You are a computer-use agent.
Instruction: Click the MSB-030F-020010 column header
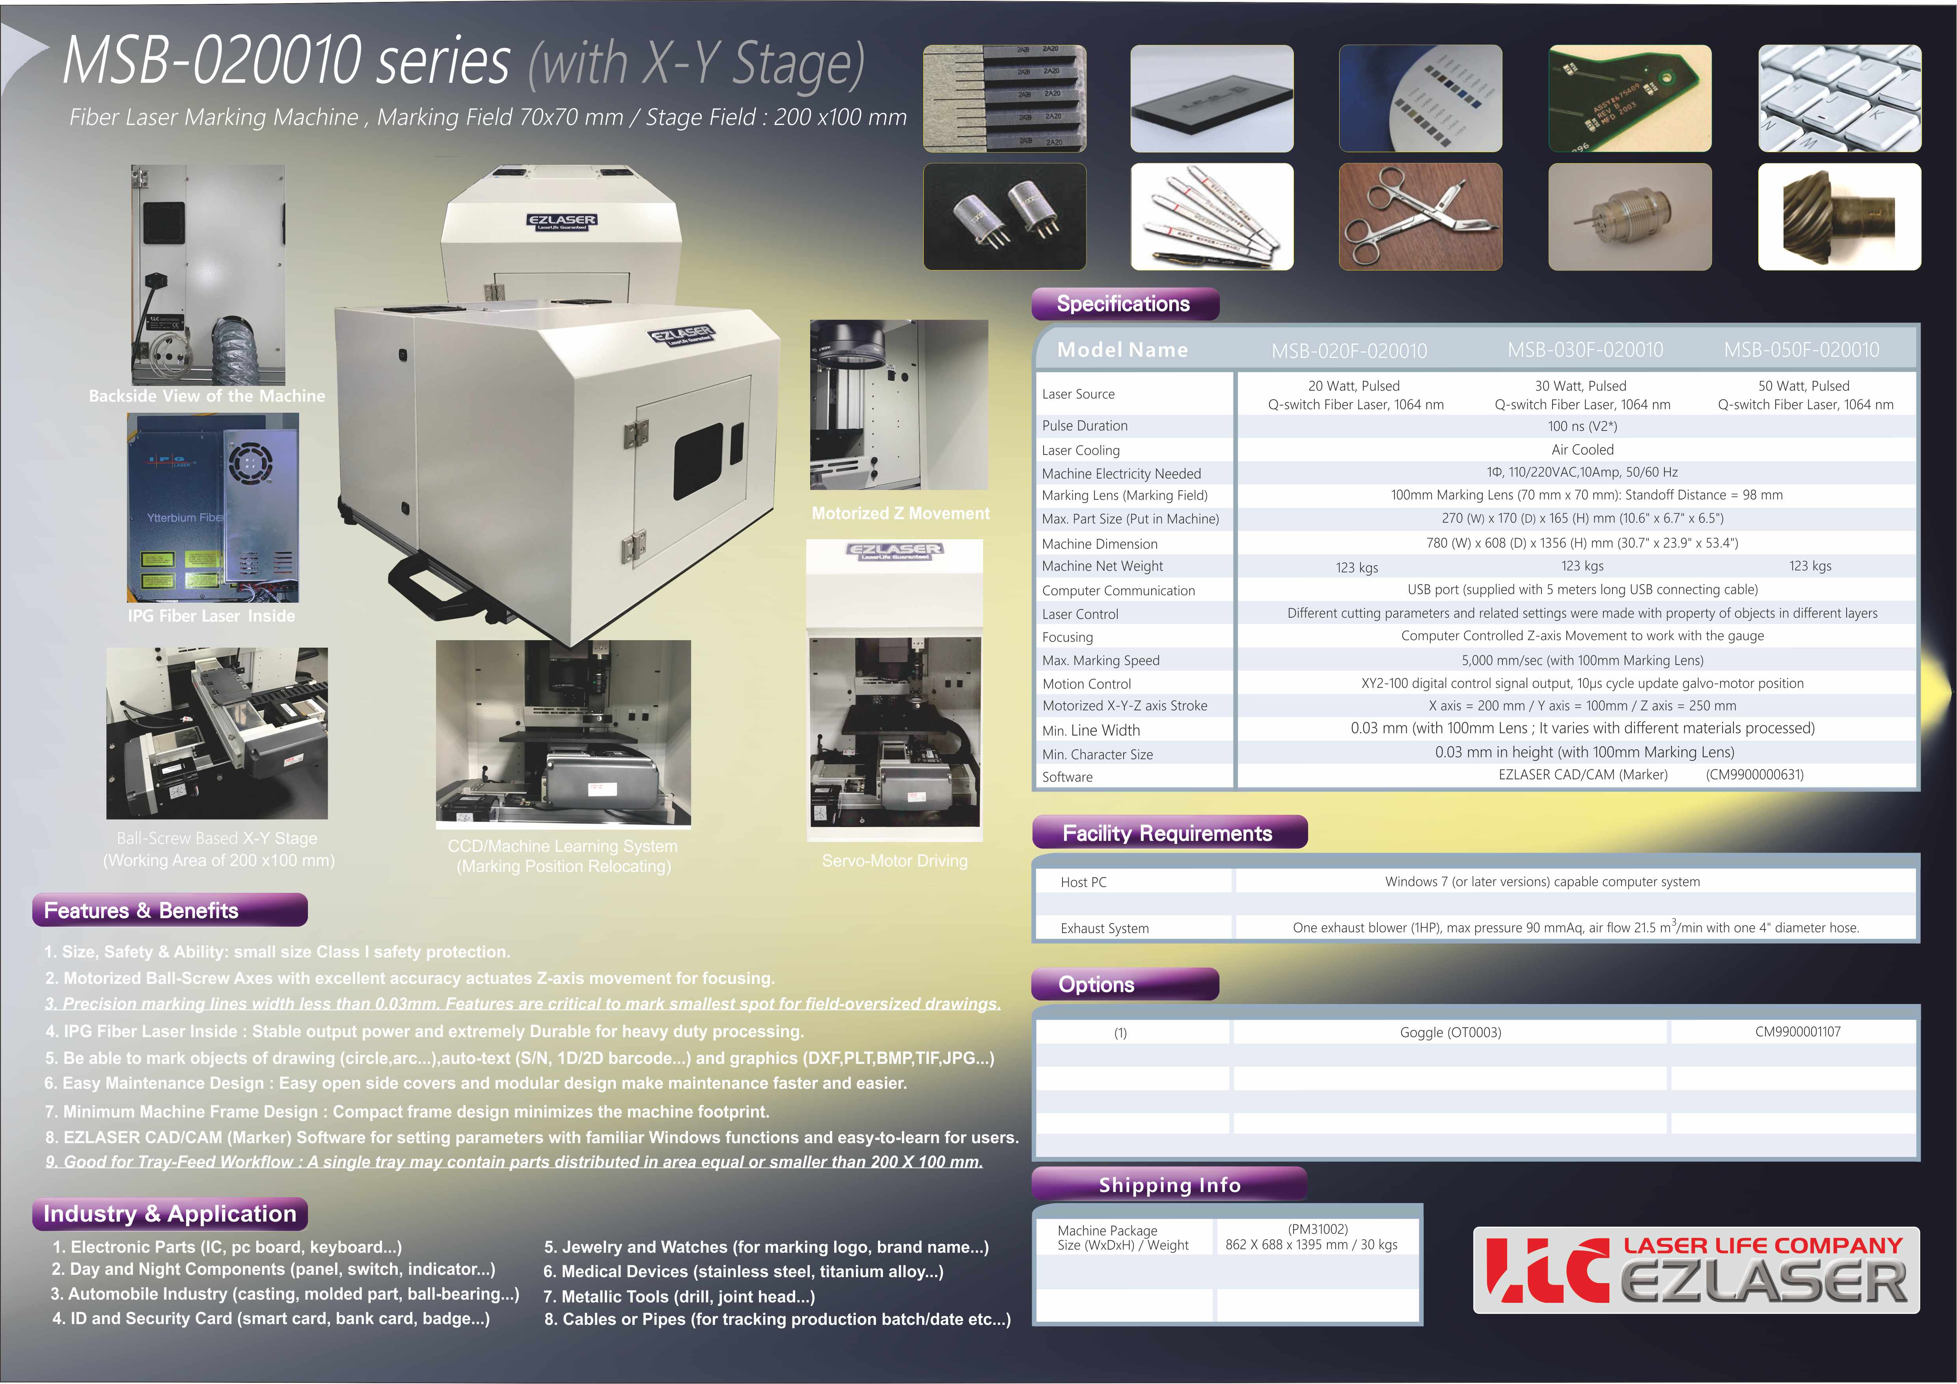pyautogui.click(x=1585, y=350)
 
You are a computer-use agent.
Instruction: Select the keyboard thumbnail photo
pyautogui.click(x=1840, y=99)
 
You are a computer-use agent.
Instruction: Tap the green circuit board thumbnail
pyautogui.click(x=1630, y=99)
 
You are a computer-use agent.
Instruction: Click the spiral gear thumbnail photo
pyautogui.click(x=1840, y=217)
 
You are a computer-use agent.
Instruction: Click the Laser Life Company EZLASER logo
pyautogui.click(x=1696, y=1270)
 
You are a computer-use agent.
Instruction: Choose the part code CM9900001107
pyautogui.click(x=1798, y=1032)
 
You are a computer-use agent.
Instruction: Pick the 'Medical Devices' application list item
pyautogui.click(x=743, y=1272)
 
